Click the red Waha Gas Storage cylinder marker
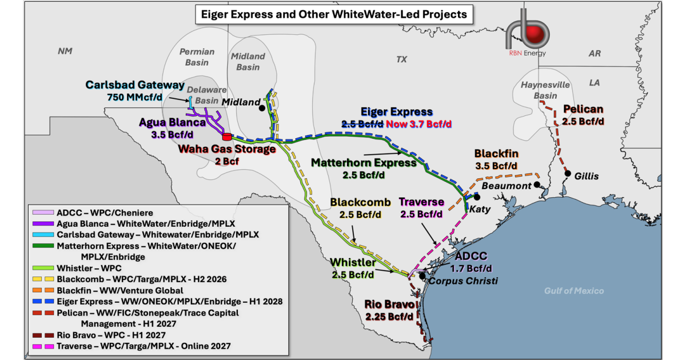pos(226,137)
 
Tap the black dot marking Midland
pos(262,107)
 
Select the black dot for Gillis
pos(568,173)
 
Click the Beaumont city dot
pos(537,185)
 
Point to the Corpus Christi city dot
pos(422,275)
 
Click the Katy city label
pos(480,209)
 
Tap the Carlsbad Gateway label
pos(135,85)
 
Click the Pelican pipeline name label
pos(583,109)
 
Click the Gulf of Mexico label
pos(573,291)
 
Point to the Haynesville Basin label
pos(545,90)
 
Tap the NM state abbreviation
pos(65,51)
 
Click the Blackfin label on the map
pos(496,154)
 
